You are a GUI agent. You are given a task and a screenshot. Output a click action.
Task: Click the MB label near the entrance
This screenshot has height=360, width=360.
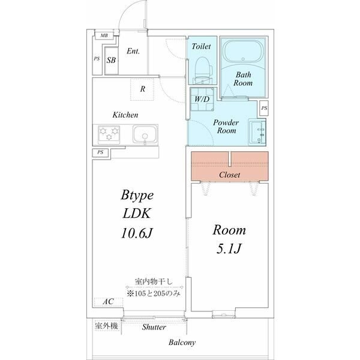click(104, 35)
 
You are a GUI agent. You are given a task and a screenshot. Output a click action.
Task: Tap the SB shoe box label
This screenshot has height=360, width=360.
click(111, 60)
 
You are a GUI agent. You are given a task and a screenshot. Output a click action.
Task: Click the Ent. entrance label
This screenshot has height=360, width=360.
click(133, 51)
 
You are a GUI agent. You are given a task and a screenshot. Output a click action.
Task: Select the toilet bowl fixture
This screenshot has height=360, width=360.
click(203, 70)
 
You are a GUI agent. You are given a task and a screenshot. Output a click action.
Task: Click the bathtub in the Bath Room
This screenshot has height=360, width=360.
click(243, 51)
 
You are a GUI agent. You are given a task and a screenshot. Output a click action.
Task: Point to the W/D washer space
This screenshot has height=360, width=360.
click(202, 99)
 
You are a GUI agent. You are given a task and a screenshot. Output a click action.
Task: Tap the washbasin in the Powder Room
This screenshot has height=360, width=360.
click(257, 132)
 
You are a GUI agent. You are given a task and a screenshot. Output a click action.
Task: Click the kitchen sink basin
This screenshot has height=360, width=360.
click(145, 134)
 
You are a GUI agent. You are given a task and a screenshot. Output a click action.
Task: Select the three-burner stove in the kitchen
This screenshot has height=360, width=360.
click(109, 134)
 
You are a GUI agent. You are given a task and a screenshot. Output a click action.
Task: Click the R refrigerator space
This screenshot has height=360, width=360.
click(142, 89)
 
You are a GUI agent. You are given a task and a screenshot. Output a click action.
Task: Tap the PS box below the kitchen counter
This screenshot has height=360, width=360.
click(100, 152)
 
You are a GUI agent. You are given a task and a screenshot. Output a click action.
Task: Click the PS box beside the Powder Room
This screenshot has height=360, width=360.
click(264, 108)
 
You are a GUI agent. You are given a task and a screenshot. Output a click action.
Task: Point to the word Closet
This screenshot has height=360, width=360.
click(230, 175)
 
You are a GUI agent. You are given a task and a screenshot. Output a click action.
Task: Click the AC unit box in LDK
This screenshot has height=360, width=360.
click(109, 302)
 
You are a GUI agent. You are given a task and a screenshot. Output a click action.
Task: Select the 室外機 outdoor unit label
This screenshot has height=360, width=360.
click(107, 326)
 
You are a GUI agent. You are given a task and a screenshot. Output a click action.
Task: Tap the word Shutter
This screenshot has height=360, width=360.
click(154, 327)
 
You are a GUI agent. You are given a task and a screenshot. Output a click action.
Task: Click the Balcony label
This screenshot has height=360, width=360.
click(182, 343)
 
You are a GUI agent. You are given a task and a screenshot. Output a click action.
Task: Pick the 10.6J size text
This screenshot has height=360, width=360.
click(137, 233)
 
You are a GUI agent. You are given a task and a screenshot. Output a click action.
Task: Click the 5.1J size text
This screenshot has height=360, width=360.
click(229, 248)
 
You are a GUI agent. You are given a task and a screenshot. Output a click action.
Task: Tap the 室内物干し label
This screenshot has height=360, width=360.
click(154, 281)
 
